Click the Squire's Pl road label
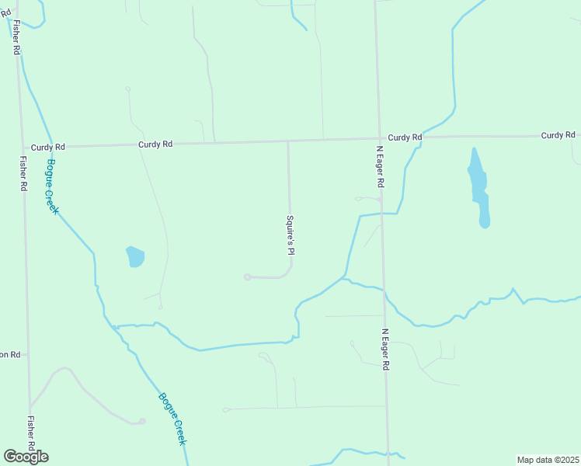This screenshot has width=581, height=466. point(291,236)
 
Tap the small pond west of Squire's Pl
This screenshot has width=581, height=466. point(135,256)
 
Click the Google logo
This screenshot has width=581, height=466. point(26,457)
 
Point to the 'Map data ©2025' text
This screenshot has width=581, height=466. point(548,460)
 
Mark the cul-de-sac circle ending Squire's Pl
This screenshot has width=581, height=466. point(247,276)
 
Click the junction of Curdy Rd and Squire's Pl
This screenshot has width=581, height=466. point(288,141)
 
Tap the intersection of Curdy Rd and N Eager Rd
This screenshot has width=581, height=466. point(379,139)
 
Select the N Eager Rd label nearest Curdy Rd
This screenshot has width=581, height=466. point(380,166)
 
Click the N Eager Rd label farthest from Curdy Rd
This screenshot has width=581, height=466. point(384,349)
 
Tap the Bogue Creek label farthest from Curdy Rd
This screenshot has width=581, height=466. point(172,419)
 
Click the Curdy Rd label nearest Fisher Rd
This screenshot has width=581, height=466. point(47,146)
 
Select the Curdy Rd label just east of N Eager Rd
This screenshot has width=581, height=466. point(405,137)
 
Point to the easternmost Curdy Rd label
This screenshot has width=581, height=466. point(558,135)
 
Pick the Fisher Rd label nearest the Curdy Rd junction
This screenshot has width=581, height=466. point(23,174)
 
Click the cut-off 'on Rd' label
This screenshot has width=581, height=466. point(10,354)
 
